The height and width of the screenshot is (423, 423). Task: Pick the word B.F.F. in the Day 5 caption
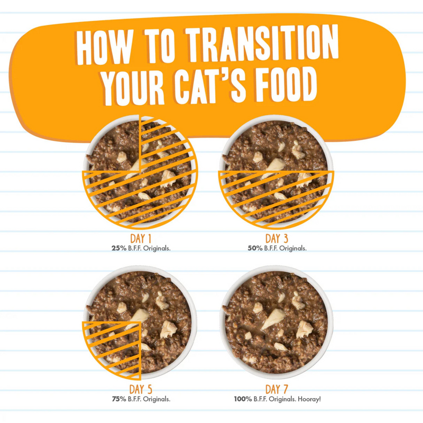(140, 399)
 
